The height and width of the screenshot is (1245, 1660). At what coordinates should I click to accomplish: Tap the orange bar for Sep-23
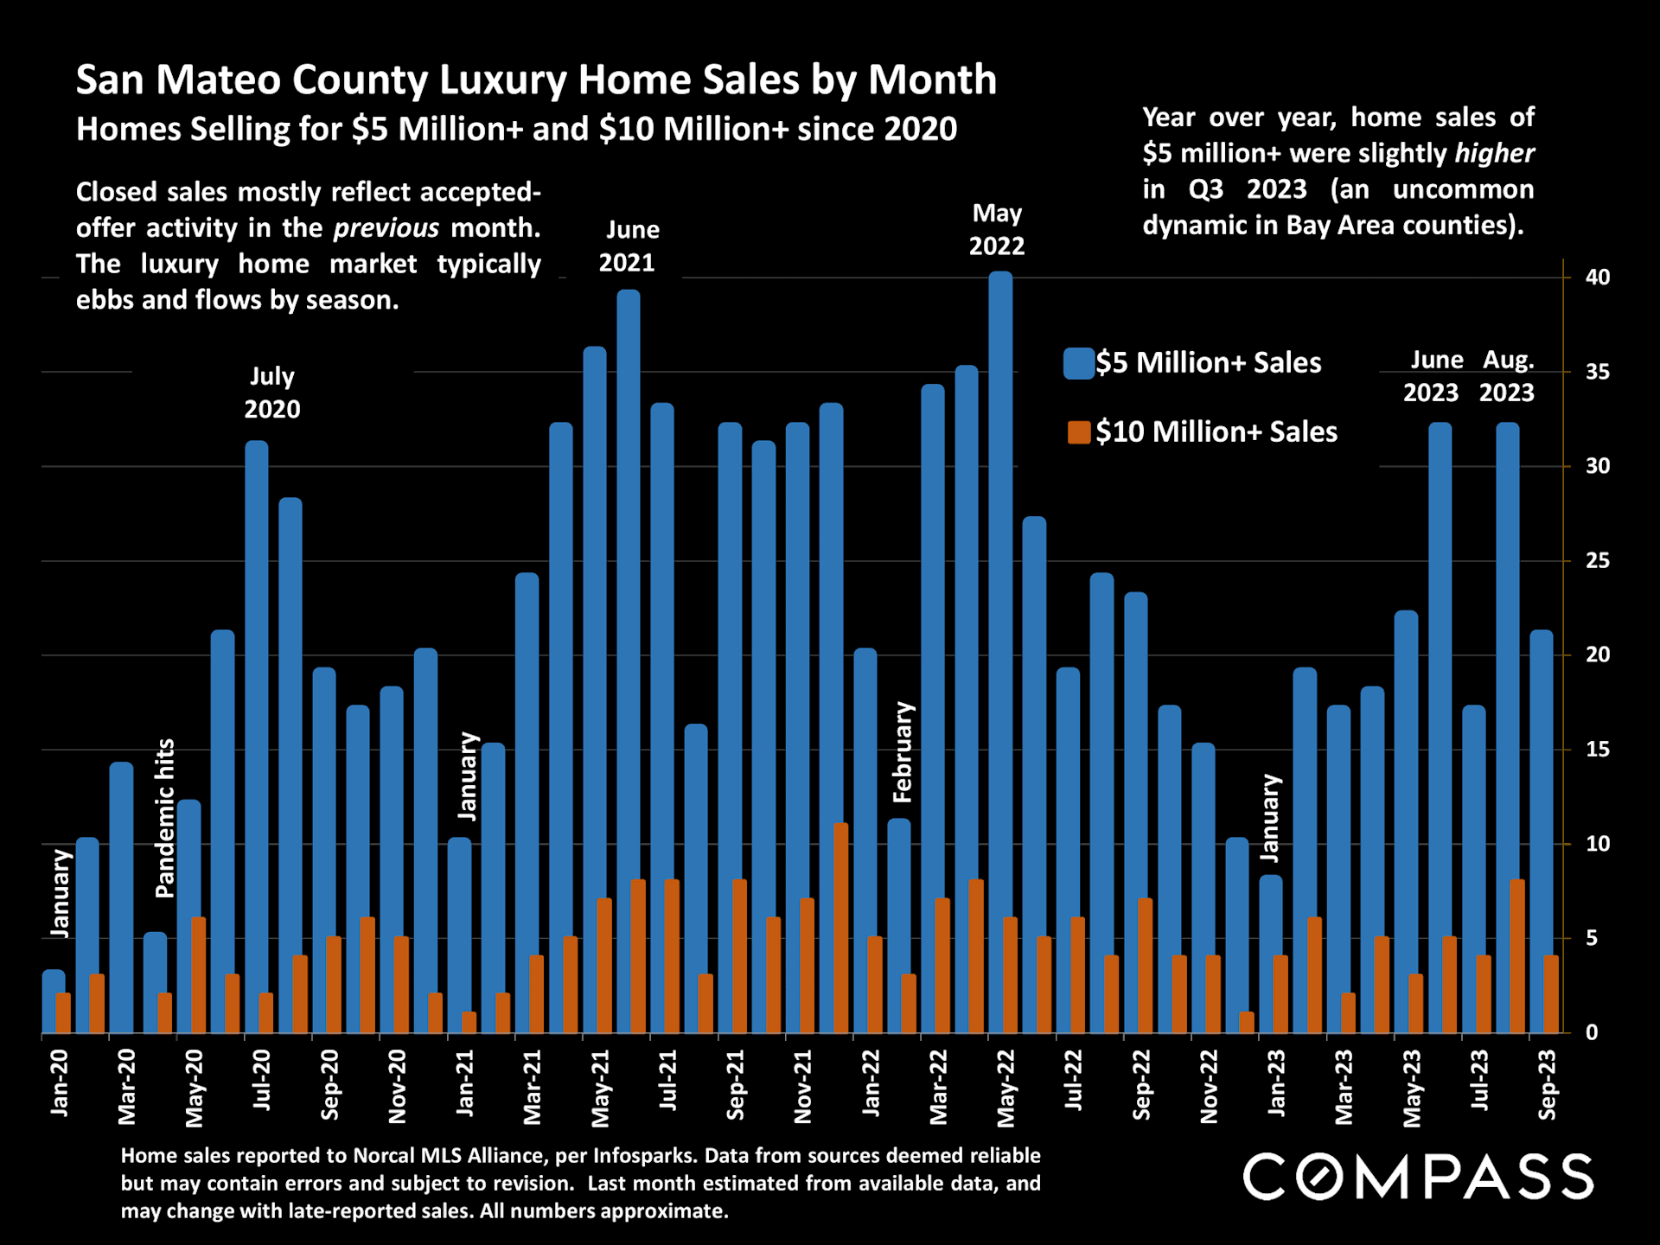pyautogui.click(x=1551, y=994)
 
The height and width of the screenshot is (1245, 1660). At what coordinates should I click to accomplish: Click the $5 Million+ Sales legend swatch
pyautogui.click(x=1079, y=363)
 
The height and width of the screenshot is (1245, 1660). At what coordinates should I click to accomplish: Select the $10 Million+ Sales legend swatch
pyautogui.click(x=1079, y=432)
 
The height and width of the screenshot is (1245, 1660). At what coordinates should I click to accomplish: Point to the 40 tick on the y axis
pyautogui.click(x=1597, y=278)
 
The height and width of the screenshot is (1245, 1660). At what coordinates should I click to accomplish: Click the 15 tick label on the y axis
pyautogui.click(x=1597, y=750)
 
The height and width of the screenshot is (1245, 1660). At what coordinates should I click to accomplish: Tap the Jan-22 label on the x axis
pyautogui.click(x=871, y=1082)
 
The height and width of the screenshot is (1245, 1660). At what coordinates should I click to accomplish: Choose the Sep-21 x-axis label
pyautogui.click(x=736, y=1085)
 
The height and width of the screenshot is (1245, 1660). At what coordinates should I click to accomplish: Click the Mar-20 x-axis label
pyautogui.click(x=127, y=1087)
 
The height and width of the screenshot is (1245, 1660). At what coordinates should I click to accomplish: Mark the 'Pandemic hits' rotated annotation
pyautogui.click(x=165, y=818)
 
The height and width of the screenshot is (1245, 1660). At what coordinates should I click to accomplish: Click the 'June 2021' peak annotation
pyautogui.click(x=630, y=246)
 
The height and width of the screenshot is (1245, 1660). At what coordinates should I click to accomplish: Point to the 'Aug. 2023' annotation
pyautogui.click(x=1507, y=376)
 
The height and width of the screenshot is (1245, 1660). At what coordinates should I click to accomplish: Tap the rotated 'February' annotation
pyautogui.click(x=903, y=751)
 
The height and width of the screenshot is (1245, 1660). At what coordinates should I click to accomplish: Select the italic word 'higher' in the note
pyautogui.click(x=1494, y=154)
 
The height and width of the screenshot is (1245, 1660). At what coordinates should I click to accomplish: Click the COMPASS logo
pyautogui.click(x=1418, y=1177)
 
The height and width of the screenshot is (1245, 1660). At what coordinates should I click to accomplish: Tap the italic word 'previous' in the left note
pyautogui.click(x=386, y=228)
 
